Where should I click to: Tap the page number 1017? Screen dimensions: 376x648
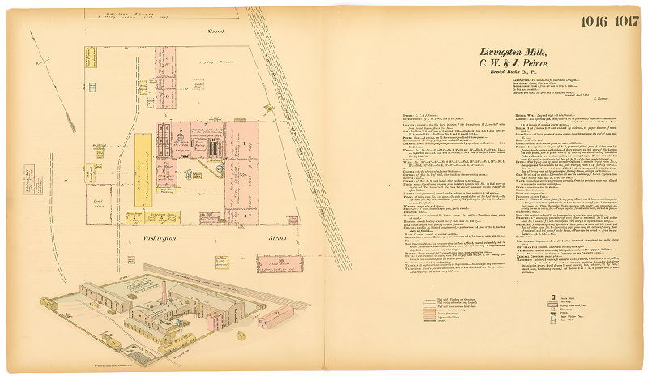(625, 21)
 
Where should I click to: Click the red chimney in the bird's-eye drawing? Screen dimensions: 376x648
(164, 291)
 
